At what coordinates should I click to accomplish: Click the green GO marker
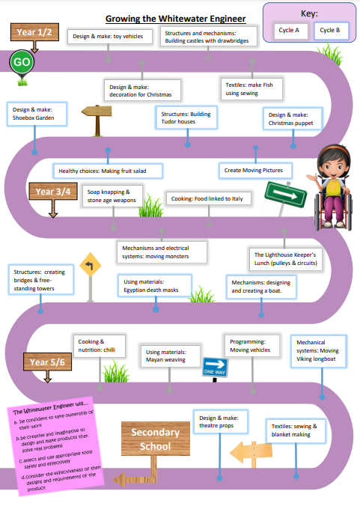tap(22, 62)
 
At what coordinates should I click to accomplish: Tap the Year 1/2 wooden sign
tap(34, 32)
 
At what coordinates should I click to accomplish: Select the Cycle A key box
tap(289, 31)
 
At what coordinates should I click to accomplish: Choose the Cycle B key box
tap(331, 31)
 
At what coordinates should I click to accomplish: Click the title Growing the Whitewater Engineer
tap(176, 19)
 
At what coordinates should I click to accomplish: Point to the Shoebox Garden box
tap(37, 114)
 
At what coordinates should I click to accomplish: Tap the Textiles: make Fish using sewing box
tap(251, 89)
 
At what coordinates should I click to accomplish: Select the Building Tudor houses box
tap(186, 118)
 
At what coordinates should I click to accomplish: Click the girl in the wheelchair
tap(331, 188)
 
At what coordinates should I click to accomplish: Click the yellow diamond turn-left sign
tap(91, 265)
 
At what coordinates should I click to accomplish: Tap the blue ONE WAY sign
tap(215, 367)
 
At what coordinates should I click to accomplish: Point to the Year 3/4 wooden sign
tap(53, 192)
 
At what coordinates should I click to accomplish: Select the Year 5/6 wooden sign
tap(47, 362)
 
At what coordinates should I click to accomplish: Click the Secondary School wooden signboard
tap(155, 439)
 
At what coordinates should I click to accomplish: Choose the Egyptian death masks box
tap(154, 286)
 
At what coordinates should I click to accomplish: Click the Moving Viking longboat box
tap(318, 351)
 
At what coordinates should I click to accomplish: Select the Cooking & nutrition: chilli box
tap(100, 346)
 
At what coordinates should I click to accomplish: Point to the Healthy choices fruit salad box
tap(108, 171)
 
